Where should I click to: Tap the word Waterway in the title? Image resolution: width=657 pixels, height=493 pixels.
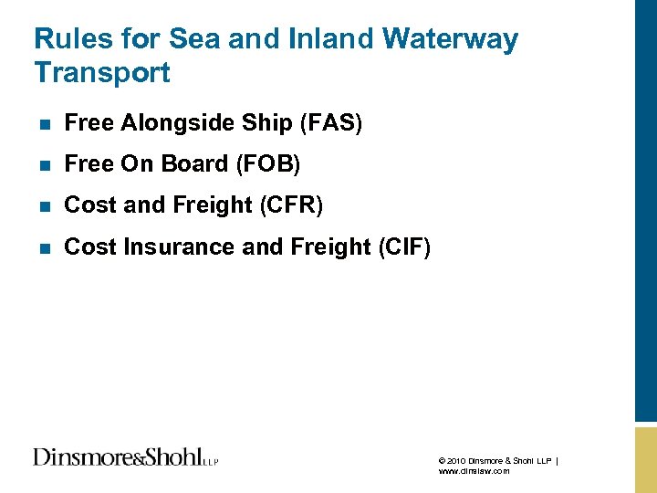(x=451, y=39)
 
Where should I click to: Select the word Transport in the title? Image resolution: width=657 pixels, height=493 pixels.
(x=102, y=72)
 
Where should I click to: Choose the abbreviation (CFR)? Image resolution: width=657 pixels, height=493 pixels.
(x=291, y=205)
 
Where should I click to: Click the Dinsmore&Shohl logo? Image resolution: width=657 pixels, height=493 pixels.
(x=125, y=457)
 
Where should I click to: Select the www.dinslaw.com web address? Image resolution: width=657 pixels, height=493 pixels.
(x=474, y=471)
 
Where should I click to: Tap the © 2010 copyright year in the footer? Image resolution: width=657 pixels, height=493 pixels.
(x=454, y=461)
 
